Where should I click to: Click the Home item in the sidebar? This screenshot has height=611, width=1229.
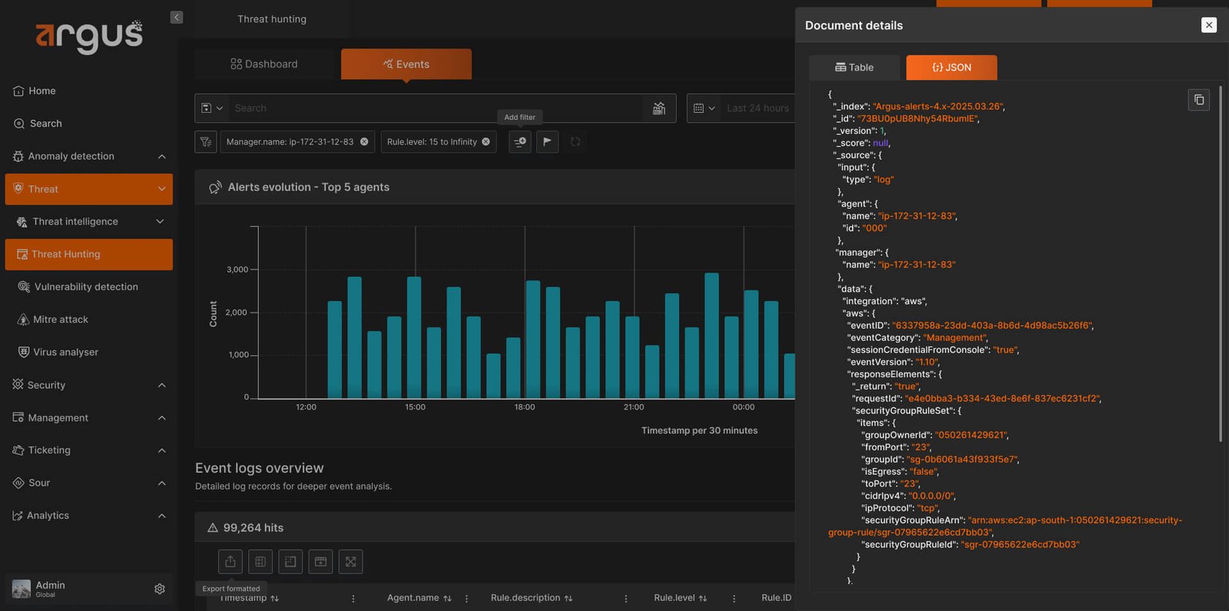34,91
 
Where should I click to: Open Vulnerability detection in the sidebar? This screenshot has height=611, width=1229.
78,287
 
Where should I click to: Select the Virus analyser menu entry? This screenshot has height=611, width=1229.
58,352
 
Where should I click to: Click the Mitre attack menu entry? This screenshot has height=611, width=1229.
53,319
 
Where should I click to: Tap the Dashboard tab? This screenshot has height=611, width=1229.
264,64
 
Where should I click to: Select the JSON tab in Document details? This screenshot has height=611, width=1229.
952,67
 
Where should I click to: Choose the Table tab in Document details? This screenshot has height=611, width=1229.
853,67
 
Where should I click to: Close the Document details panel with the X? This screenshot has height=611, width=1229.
1209,25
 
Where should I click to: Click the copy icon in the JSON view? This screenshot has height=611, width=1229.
1199,99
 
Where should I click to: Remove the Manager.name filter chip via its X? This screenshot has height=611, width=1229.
364,141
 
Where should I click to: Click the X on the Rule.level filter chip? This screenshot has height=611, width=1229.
485,141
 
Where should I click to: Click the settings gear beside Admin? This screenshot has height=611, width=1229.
160,589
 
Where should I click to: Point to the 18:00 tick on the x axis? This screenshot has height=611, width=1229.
525,407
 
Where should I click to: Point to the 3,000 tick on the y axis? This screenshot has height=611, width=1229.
237,269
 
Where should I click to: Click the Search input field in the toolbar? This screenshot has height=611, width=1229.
436,108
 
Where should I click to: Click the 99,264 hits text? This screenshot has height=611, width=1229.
253,527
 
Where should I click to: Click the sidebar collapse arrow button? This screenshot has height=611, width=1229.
176,17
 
